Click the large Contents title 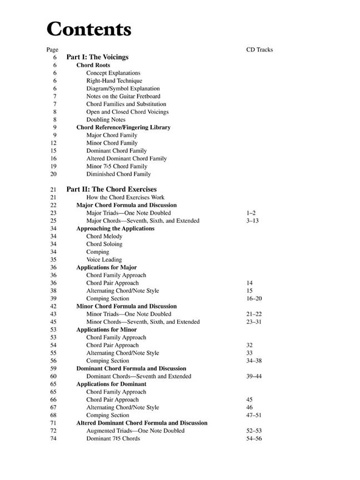click(x=89, y=28)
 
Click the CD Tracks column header click(x=259, y=49)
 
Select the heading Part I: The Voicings click(x=97, y=57)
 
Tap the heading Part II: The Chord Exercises click(x=111, y=189)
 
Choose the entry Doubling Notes click(x=106, y=119)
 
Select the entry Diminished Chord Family click(x=118, y=174)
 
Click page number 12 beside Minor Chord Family click(x=53, y=143)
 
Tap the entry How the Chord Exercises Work click(x=125, y=197)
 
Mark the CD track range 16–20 click(x=254, y=298)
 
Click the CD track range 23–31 click(x=254, y=322)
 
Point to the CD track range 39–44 click(x=254, y=376)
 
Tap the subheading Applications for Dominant click(x=111, y=384)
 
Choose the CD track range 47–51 click(x=254, y=415)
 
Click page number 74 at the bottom click(x=53, y=438)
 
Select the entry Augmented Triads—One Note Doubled click(x=135, y=431)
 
